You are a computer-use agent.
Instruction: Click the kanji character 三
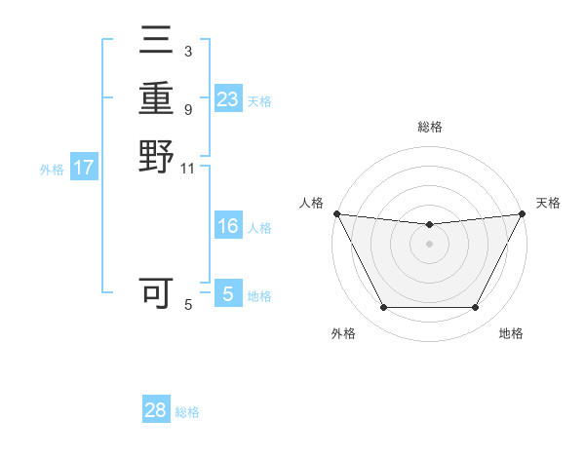[156, 42]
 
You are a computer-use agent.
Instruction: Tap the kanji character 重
[156, 98]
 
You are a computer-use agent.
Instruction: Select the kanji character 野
[156, 155]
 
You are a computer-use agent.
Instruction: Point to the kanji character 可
[156, 293]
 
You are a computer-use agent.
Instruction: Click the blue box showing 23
[227, 99]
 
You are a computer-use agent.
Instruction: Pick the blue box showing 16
[227, 226]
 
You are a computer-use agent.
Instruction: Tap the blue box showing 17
[84, 168]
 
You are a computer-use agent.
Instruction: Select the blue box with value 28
[156, 410]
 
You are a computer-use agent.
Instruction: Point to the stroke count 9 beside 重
[187, 110]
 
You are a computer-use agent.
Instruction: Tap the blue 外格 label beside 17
[52, 169]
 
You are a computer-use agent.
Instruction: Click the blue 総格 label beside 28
[187, 412]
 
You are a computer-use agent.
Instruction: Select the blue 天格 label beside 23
[259, 100]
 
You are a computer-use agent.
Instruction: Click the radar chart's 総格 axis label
[429, 127]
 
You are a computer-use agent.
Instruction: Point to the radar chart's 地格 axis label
[511, 333]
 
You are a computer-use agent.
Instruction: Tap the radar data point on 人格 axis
[336, 213]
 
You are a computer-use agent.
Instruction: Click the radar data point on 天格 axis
[523, 213]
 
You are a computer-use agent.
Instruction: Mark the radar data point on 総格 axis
[429, 225]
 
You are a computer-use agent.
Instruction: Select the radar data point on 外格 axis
[383, 308]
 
